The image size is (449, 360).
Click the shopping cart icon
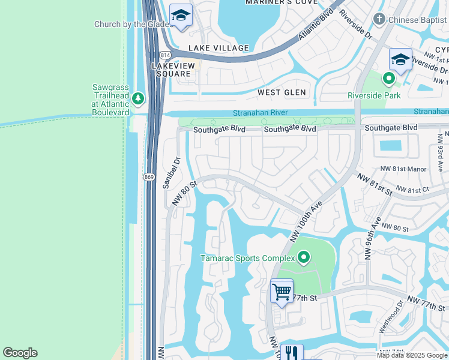(x=282, y=292)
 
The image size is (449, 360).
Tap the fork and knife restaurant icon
(x=292, y=353)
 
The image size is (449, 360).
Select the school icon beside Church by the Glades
(x=180, y=16)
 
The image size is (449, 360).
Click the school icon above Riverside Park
(x=400, y=60)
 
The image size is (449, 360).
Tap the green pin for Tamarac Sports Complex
(x=304, y=258)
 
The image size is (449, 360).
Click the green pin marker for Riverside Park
(x=389, y=78)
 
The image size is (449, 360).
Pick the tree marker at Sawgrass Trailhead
(x=139, y=97)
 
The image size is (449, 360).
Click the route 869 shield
(x=149, y=176)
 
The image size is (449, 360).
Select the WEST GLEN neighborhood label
(x=282, y=92)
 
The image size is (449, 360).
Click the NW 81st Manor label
(x=402, y=170)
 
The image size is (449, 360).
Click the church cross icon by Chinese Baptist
(x=379, y=19)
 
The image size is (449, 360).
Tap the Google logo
(x=20, y=353)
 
